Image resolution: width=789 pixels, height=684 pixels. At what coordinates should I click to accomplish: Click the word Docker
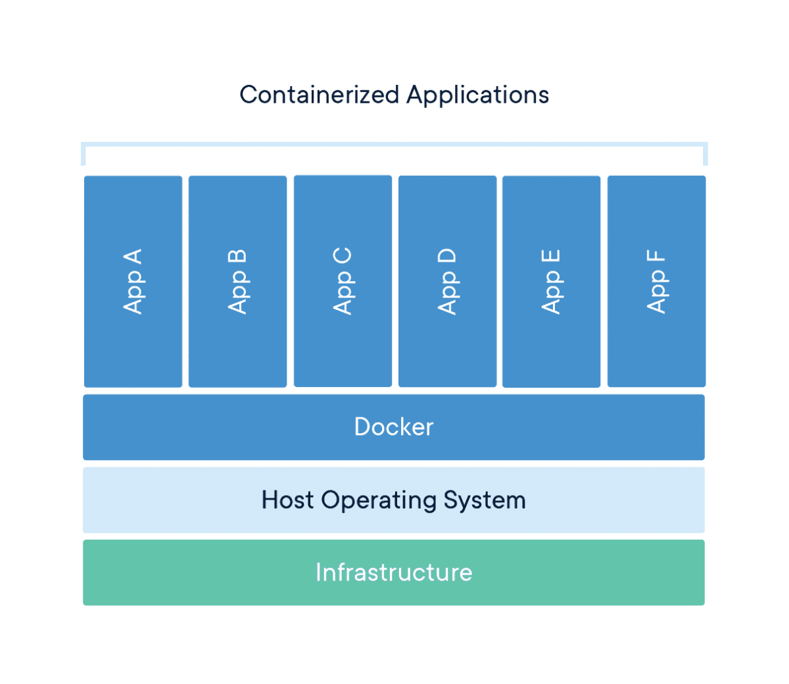(x=393, y=427)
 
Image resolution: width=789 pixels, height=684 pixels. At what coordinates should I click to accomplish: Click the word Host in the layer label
(x=287, y=500)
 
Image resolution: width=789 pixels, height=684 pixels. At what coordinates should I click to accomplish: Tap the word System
(x=485, y=501)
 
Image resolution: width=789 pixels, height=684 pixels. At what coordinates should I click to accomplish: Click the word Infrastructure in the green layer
(x=393, y=572)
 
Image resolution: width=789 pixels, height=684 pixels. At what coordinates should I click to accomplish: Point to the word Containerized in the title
(x=319, y=95)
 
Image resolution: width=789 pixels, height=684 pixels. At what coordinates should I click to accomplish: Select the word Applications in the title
(x=477, y=95)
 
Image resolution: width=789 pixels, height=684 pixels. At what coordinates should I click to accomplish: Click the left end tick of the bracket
(x=83, y=154)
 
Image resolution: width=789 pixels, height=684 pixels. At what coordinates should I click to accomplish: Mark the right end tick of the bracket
(x=705, y=154)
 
